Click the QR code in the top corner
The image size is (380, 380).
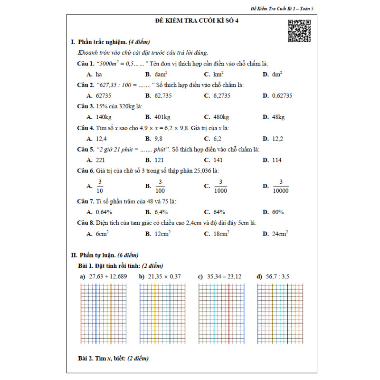pos(299,31)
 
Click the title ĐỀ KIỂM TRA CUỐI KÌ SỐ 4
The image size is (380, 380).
pos(190,21)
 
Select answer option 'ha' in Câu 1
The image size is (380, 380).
pos(99,75)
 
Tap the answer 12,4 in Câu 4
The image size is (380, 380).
pos(101,139)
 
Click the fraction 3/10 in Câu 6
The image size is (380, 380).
pos(100,186)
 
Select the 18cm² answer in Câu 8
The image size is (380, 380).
pos(221,234)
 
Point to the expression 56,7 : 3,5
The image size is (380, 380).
pos(279,276)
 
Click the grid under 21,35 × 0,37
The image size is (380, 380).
pos(162,313)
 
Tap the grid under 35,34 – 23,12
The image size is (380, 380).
pos(221,313)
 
